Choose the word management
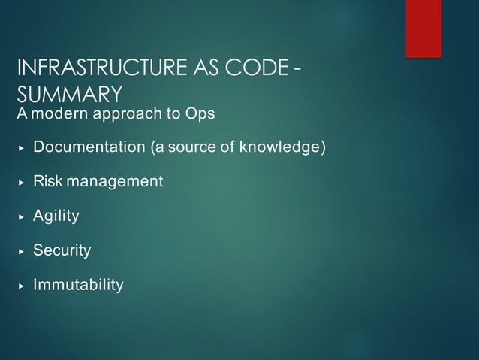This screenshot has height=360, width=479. [x=114, y=181]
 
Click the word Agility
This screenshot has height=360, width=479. [x=56, y=216]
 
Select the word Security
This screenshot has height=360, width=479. [x=62, y=250]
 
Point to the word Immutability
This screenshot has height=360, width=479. [x=78, y=285]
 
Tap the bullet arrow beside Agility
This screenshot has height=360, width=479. [x=21, y=216]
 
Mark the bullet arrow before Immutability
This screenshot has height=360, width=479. [x=21, y=286]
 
